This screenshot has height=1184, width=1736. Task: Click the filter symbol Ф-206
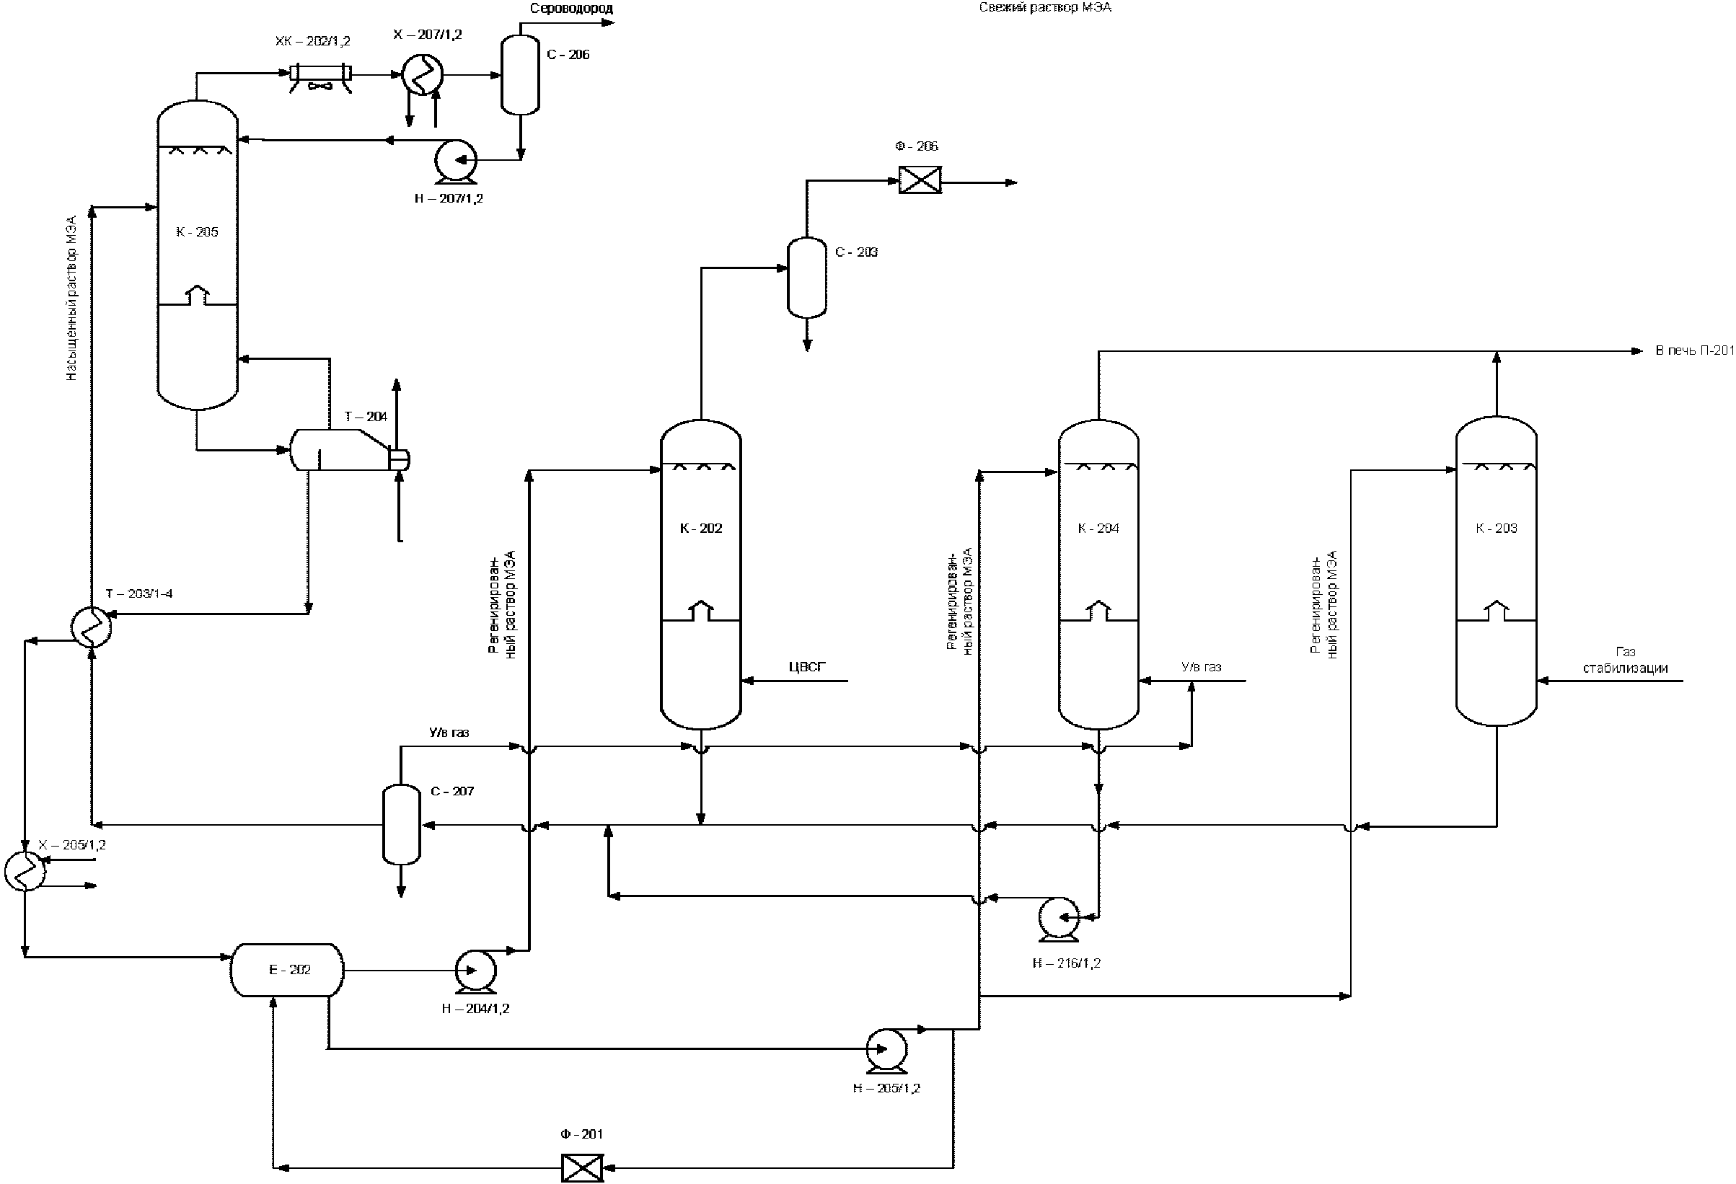pyautogui.click(x=920, y=181)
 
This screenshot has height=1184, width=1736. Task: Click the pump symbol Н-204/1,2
pyautogui.click(x=476, y=971)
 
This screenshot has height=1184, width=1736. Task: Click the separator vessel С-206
pyautogui.click(x=520, y=75)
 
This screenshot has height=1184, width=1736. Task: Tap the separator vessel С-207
pyautogui.click(x=402, y=824)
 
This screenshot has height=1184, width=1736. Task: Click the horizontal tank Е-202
pyautogui.click(x=288, y=970)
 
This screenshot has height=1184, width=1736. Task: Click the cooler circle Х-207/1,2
pyautogui.click(x=422, y=75)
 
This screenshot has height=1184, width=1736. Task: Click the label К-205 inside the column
pyautogui.click(x=197, y=232)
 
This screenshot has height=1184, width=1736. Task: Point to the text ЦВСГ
pyautogui.click(x=808, y=667)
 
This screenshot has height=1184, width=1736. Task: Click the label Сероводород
pyautogui.click(x=571, y=9)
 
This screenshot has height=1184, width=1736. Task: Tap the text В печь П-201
pyautogui.click(x=1694, y=350)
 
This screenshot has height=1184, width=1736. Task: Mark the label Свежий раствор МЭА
pyautogui.click(x=1045, y=7)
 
